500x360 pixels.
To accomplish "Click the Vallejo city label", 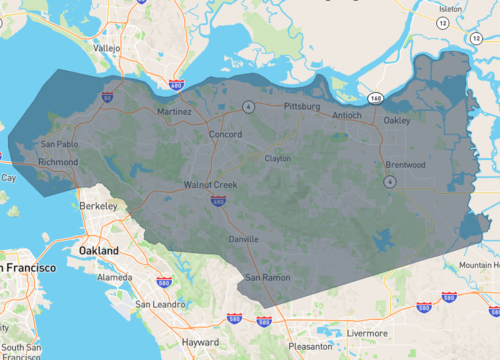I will click(106, 47).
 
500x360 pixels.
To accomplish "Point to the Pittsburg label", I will click(302, 105).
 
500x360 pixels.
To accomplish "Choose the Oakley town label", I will click(397, 121).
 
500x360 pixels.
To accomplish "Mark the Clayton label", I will click(277, 158).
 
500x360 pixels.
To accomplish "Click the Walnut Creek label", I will click(210, 185).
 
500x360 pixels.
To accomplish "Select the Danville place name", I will click(244, 239).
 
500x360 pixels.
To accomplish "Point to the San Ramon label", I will click(268, 276).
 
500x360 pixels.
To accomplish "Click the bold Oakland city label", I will click(100, 250).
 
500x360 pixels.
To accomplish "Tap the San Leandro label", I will click(156, 303).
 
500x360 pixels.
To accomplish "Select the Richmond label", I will click(57, 161).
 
